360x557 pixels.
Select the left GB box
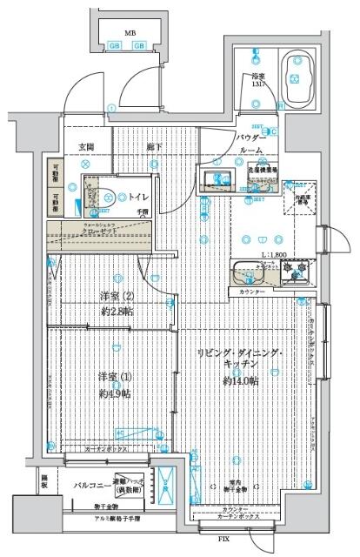pos(115,46)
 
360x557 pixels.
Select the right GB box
pos(140,46)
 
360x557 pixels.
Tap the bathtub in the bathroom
pos(300,81)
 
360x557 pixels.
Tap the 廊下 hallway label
pos(154,145)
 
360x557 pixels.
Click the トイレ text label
pos(137,198)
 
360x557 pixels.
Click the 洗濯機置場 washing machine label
pos(262,171)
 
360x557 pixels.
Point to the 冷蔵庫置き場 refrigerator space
pos(302,198)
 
